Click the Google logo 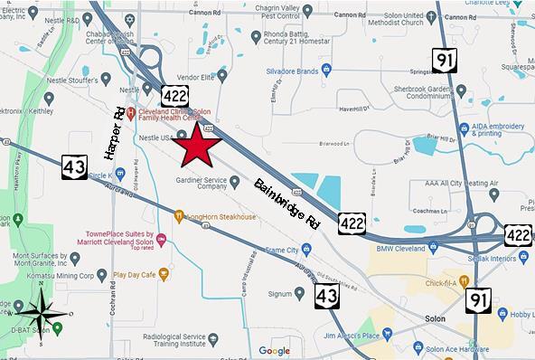click(274, 350)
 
